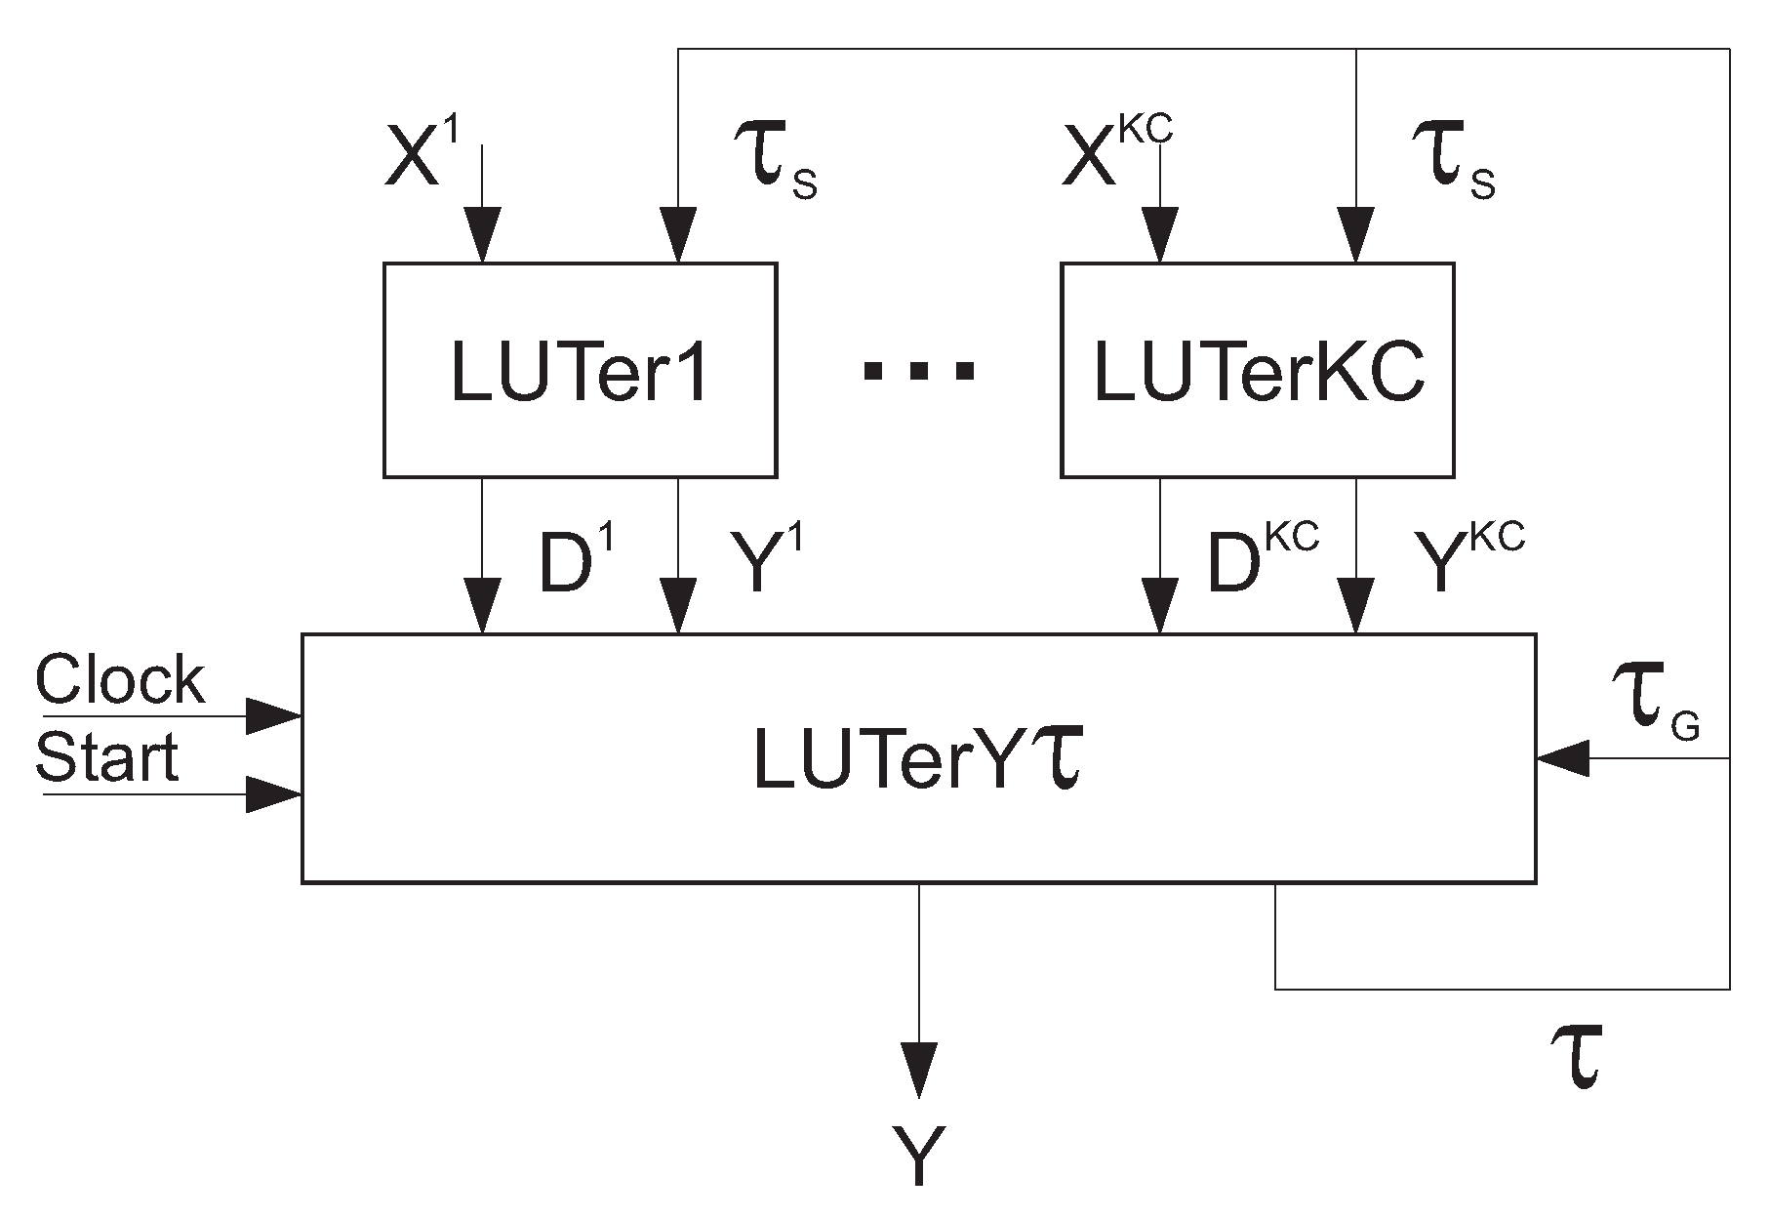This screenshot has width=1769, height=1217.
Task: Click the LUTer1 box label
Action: (580, 374)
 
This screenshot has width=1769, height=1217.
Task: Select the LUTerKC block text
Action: (1259, 374)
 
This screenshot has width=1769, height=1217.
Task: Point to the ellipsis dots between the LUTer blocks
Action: (918, 371)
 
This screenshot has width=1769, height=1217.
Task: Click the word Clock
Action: (120, 680)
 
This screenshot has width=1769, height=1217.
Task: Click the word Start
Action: (107, 758)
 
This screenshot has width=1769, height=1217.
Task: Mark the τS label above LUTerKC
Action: (1454, 166)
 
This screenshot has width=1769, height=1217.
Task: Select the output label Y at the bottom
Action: (919, 1156)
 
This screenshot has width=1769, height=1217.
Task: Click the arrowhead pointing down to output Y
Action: (919, 1069)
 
